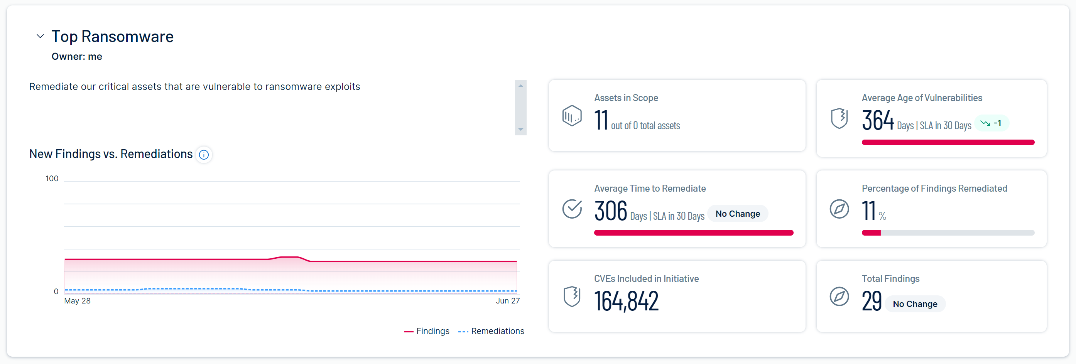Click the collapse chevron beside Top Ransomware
point(40,36)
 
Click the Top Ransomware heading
point(112,36)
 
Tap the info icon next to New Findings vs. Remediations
point(204,155)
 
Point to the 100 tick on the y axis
point(52,179)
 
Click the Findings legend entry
point(427,331)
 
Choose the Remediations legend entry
point(491,331)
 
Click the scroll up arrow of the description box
point(520,86)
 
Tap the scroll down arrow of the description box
point(520,130)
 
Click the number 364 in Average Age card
point(878,120)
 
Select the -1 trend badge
point(992,123)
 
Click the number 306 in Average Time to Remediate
point(610,211)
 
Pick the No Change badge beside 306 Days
point(738,214)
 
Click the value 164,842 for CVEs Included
point(626,301)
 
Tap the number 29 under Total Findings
point(872,301)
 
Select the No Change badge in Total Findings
point(915,304)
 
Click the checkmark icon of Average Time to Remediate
point(572,209)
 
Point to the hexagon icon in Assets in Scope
point(572,116)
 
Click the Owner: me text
point(77,56)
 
